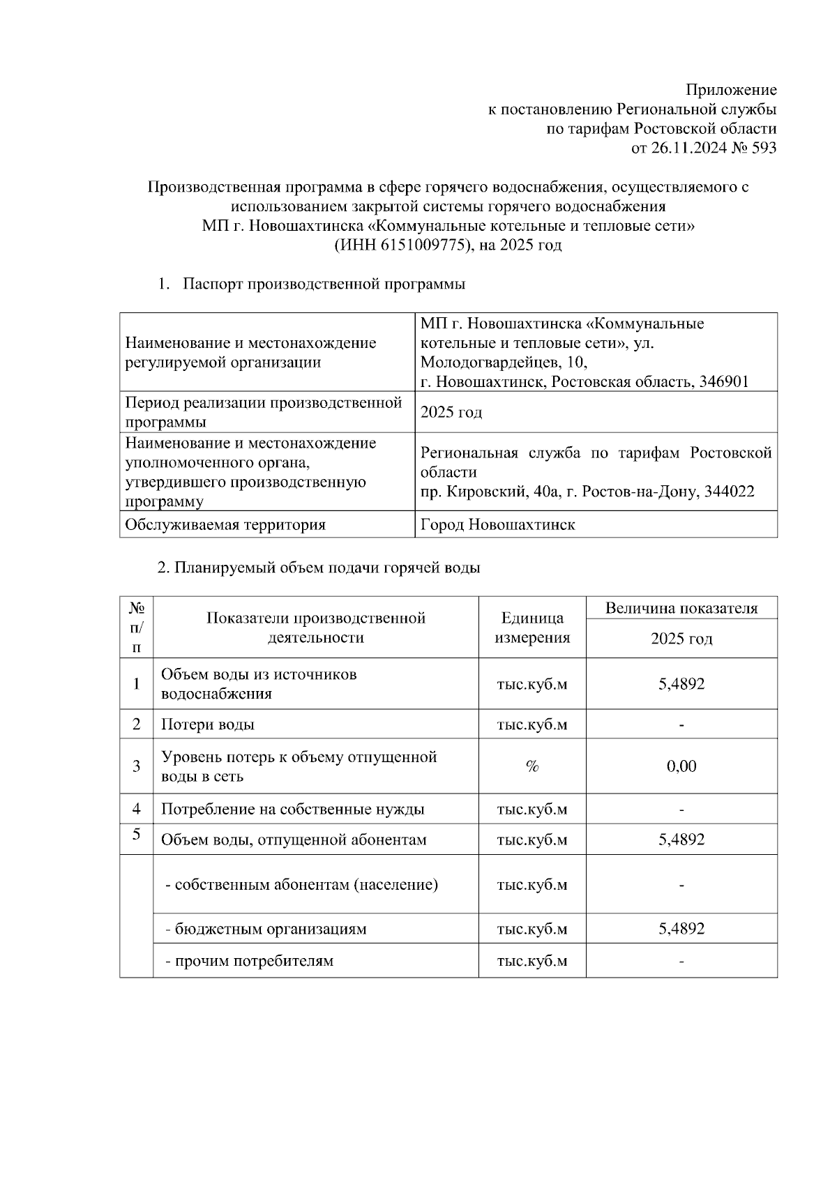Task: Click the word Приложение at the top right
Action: point(731,90)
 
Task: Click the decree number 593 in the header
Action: point(764,148)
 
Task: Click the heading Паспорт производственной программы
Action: point(324,284)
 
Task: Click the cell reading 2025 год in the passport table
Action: point(451,412)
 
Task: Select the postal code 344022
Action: point(730,492)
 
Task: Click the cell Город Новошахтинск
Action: point(498,524)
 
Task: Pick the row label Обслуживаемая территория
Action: point(225,524)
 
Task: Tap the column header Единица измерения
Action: point(532,628)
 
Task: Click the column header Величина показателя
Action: point(681,608)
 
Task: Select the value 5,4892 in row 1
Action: point(681,684)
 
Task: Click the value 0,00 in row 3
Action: point(681,766)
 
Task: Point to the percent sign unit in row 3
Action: point(532,766)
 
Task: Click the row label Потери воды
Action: point(208,724)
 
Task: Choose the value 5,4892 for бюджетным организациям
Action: point(681,929)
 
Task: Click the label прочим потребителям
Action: point(250,961)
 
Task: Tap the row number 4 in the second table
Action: point(137,809)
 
